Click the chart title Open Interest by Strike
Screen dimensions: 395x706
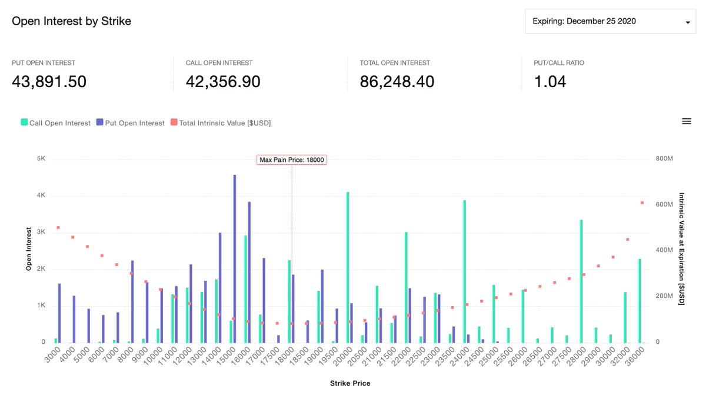click(71, 21)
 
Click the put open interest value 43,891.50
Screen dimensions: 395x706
click(49, 82)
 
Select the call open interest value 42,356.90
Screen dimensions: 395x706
click(223, 82)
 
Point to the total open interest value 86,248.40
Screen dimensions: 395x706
click(397, 82)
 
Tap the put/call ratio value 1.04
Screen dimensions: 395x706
click(550, 82)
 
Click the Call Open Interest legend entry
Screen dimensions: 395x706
click(56, 123)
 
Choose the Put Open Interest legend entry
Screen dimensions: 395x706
click(131, 123)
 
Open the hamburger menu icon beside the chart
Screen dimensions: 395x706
click(686, 121)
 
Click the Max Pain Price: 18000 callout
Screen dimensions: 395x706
click(292, 160)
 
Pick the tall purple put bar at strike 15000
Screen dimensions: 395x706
click(235, 259)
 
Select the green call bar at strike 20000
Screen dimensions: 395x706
click(348, 267)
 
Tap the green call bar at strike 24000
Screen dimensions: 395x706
click(464, 271)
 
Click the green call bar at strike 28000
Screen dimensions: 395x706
click(581, 281)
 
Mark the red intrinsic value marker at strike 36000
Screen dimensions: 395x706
click(642, 203)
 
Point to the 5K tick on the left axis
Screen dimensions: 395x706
click(41, 159)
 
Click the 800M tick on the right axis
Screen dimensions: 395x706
click(665, 159)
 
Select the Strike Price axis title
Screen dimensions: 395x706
click(349, 383)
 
